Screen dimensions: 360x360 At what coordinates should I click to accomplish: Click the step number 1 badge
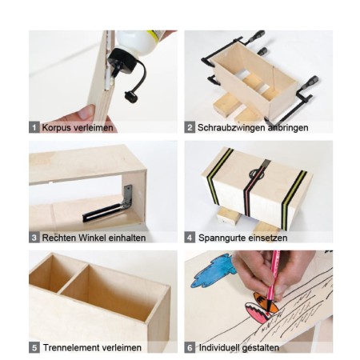(x=34, y=127)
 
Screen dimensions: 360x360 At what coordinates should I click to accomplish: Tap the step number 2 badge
(x=190, y=127)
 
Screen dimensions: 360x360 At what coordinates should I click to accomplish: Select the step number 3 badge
(x=34, y=238)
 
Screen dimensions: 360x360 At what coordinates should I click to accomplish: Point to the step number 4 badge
(x=190, y=238)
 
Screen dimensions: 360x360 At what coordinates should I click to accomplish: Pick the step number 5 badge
(x=34, y=348)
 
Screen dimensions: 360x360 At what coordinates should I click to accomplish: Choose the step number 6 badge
(x=190, y=348)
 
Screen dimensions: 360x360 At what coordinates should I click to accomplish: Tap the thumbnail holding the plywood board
(x=86, y=113)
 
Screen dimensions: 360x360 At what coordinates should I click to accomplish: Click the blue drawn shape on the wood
(x=214, y=270)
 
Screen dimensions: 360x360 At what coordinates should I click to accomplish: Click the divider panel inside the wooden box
(x=73, y=278)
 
